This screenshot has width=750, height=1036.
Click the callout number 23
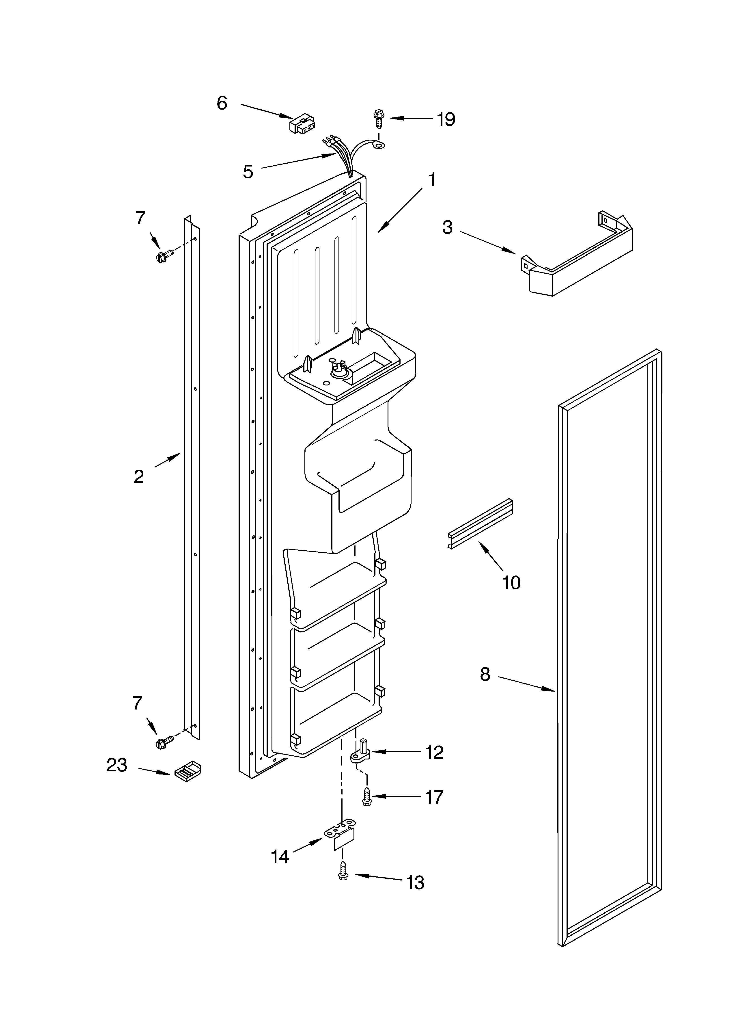(x=117, y=765)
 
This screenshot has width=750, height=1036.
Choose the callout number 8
(x=485, y=674)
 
